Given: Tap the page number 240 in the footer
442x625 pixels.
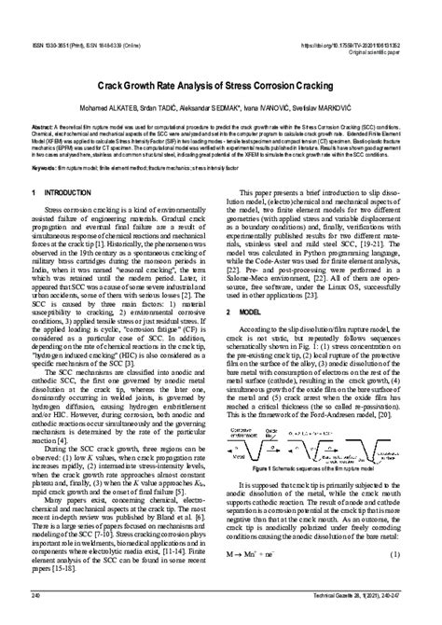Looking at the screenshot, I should coord(36,618).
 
